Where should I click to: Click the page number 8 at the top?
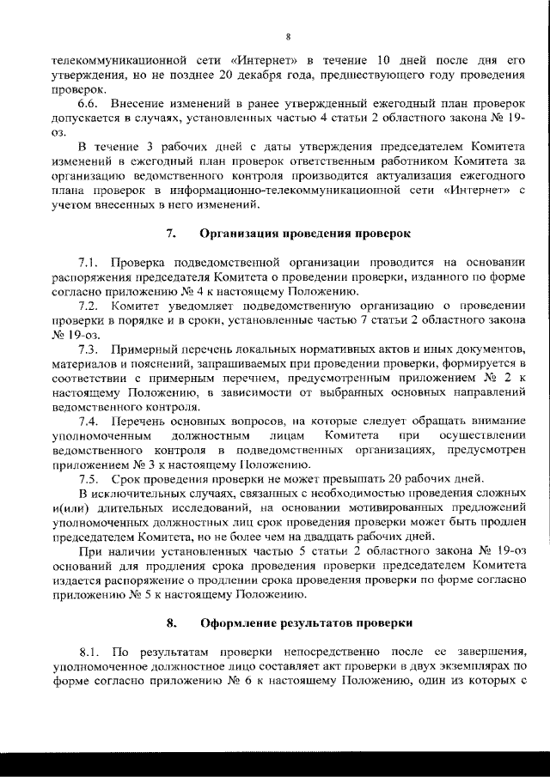click(x=288, y=36)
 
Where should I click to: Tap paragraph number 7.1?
click(x=89, y=264)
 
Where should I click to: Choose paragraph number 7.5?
click(x=89, y=478)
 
